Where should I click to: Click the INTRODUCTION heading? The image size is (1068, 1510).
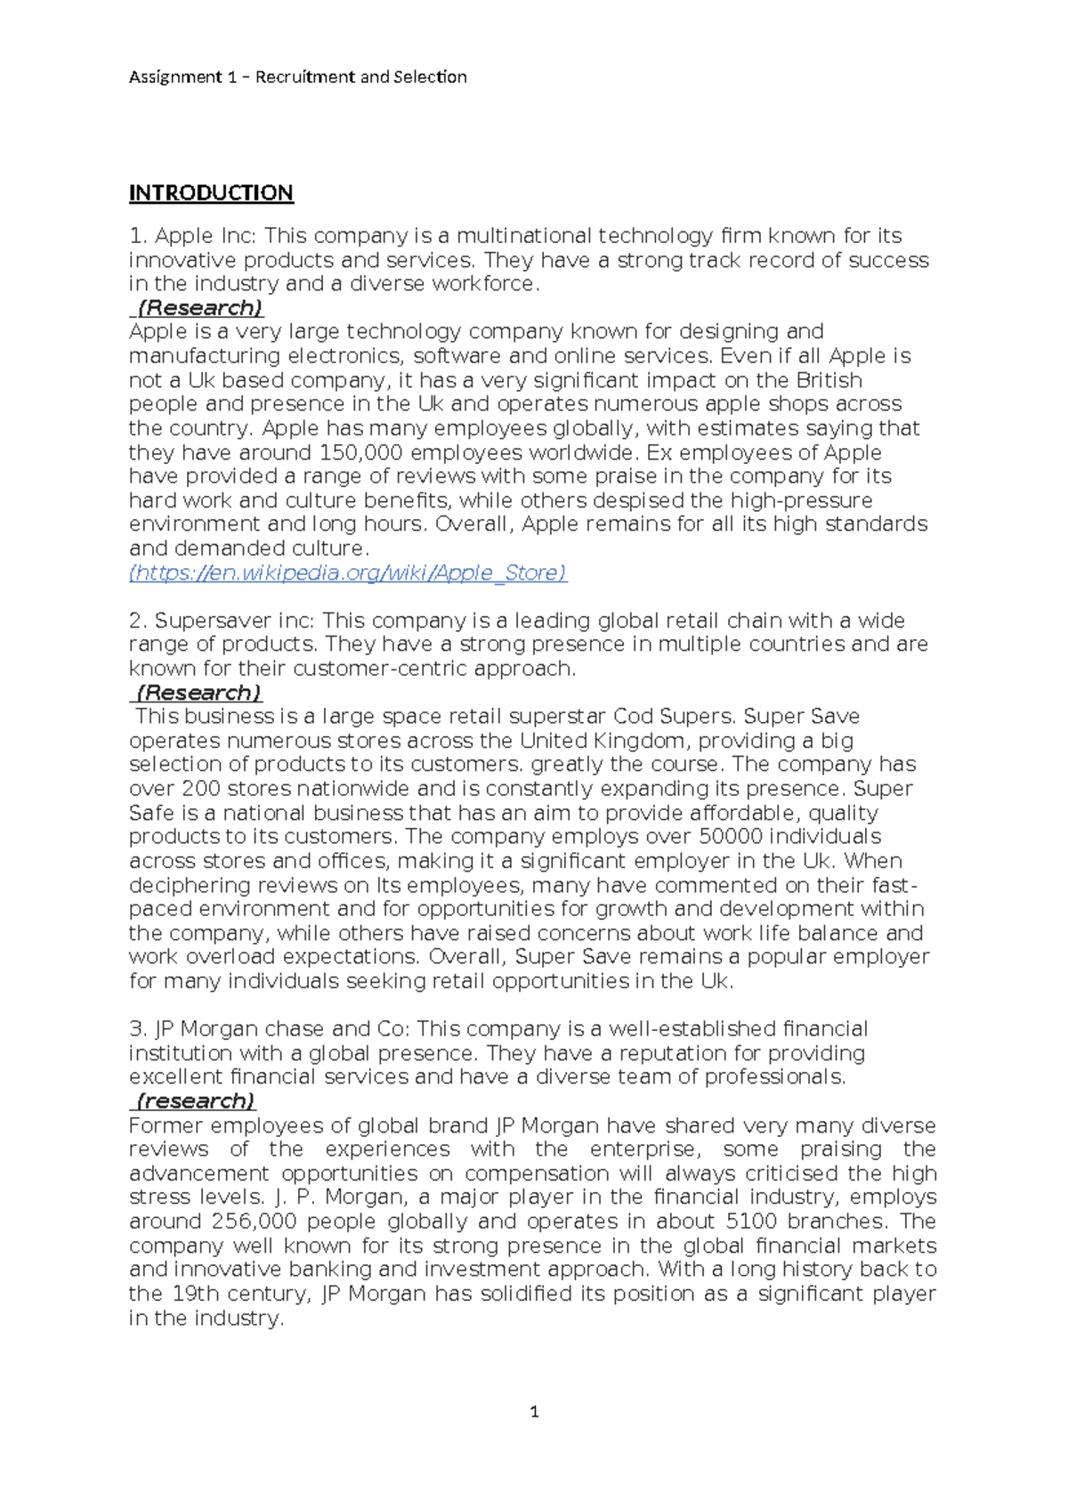click(211, 193)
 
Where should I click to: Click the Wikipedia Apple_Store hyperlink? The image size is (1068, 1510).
click(348, 572)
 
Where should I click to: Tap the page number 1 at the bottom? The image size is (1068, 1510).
click(534, 1411)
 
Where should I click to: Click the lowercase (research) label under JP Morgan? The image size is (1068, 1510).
click(195, 1101)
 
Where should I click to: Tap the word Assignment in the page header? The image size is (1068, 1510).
click(175, 77)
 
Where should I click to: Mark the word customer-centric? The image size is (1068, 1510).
click(380, 669)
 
